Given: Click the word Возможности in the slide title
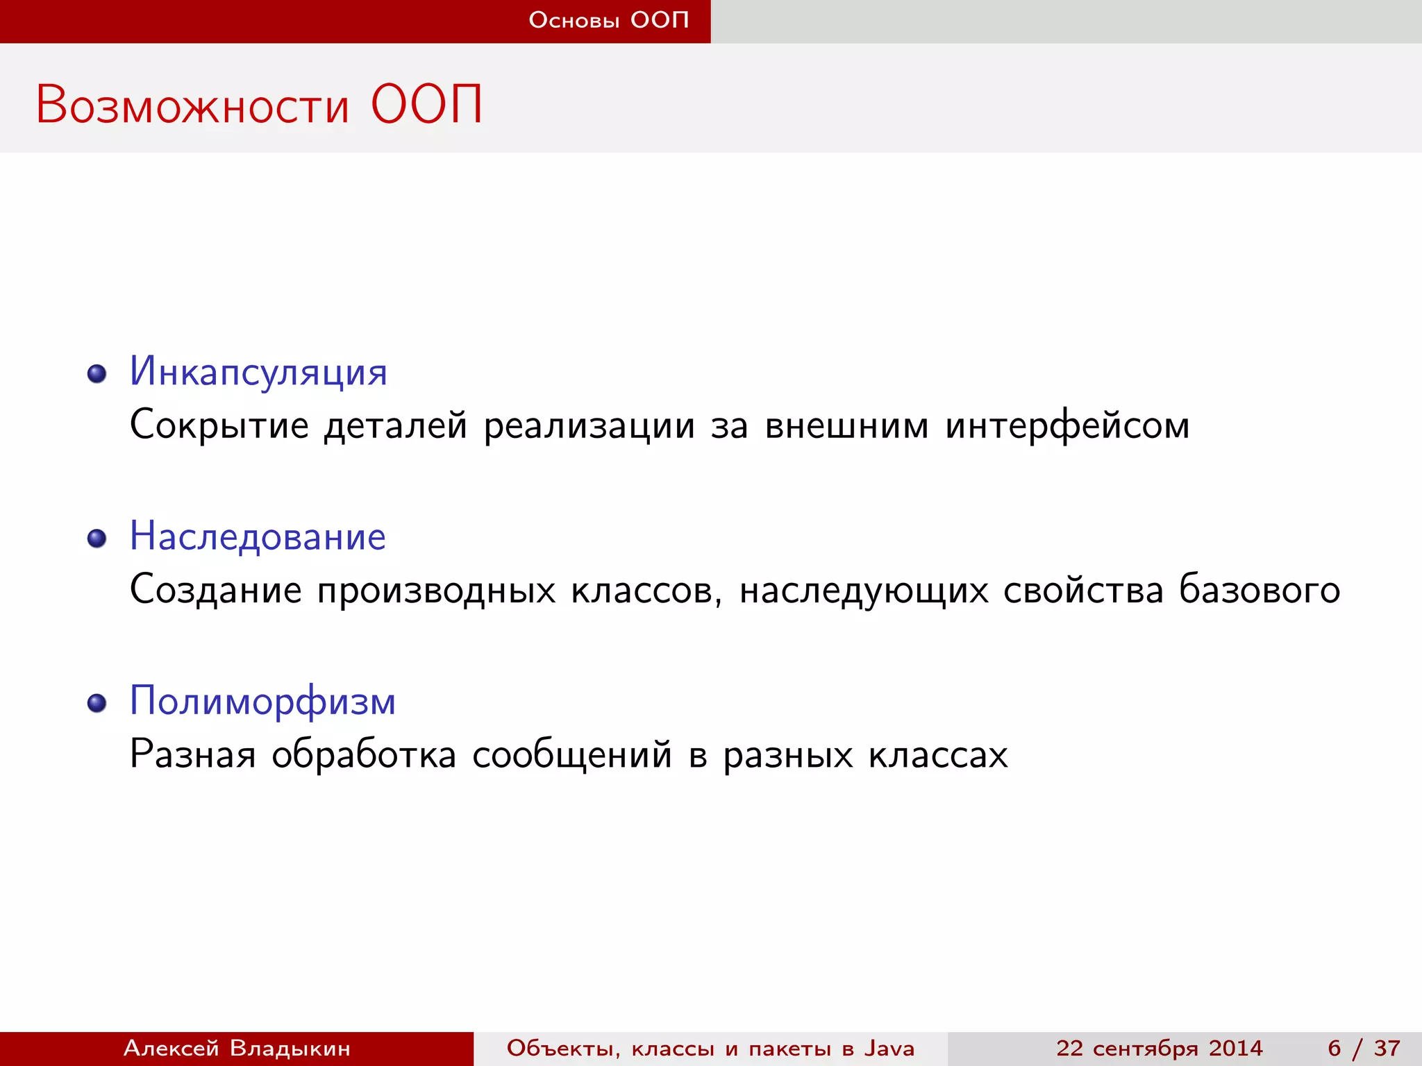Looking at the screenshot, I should tap(192, 105).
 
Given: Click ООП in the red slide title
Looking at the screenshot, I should tap(426, 105).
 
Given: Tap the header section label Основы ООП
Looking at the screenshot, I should tap(609, 20).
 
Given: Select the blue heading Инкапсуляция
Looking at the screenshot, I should tap(258, 372).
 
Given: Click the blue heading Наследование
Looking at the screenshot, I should tap(258, 536).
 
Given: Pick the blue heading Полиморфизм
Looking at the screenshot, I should tap(262, 701).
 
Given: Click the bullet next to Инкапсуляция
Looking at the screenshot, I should tap(97, 374).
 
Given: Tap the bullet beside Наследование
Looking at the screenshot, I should tap(97, 539).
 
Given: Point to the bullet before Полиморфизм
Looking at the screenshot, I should tap(97, 703).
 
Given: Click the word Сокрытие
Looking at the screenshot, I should tap(219, 425).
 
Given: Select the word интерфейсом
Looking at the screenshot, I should tap(1067, 425).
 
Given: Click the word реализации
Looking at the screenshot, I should tap(589, 425).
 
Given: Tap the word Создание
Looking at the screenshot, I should tap(216, 591).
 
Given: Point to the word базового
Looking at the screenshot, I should tap(1260, 591).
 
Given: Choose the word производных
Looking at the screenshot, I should tap(437, 591).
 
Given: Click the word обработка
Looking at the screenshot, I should tap(364, 755).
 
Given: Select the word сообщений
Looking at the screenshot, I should tap(572, 755).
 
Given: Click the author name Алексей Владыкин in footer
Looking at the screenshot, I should tap(237, 1048).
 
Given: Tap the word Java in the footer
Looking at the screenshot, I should tap(889, 1048).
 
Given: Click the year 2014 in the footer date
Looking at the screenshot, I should tap(1235, 1048).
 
